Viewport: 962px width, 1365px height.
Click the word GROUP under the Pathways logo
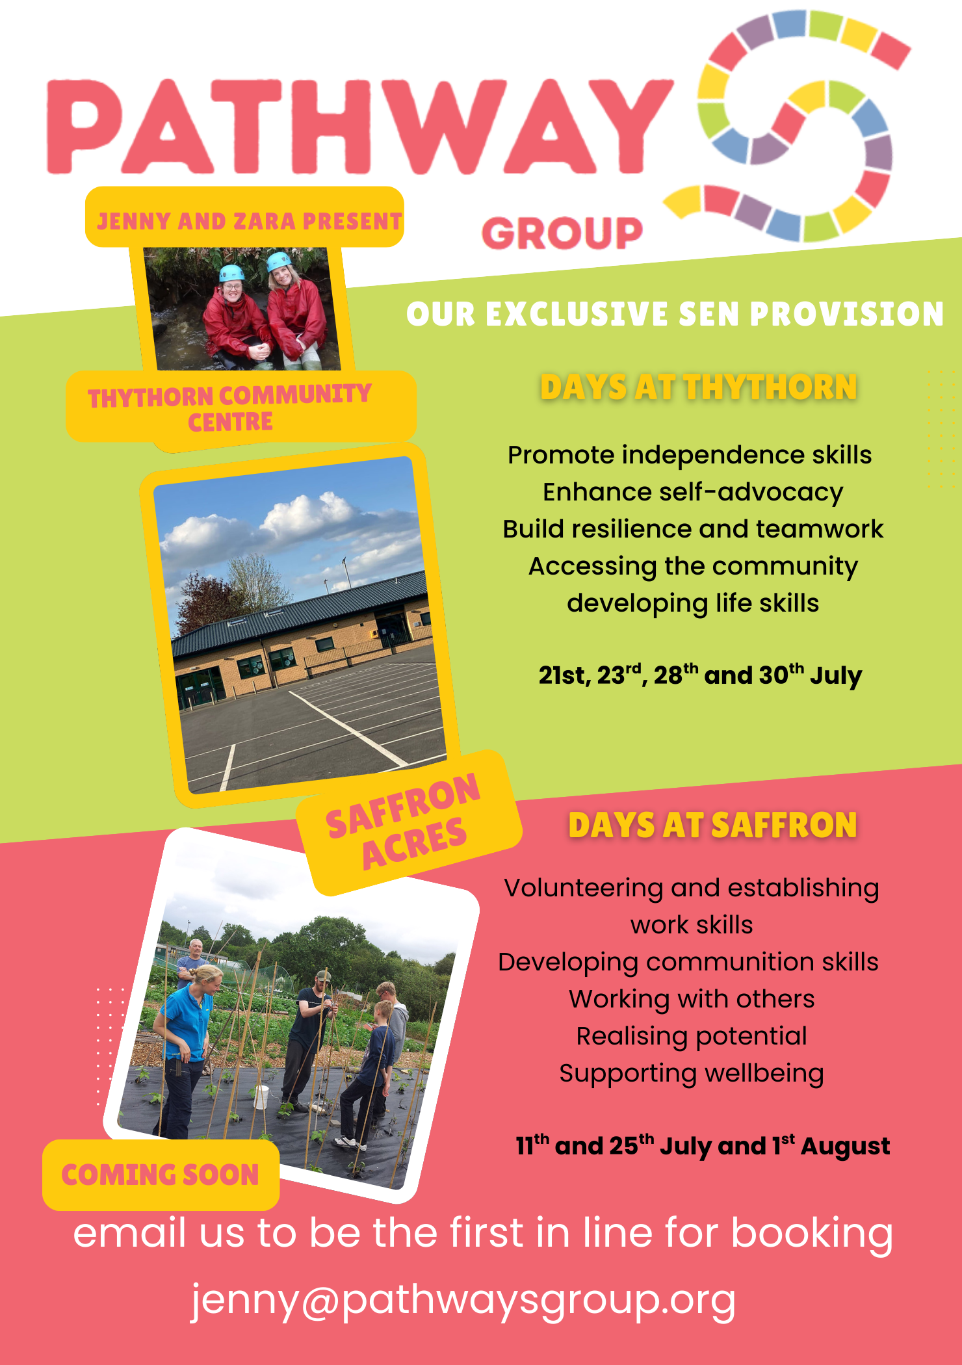(562, 233)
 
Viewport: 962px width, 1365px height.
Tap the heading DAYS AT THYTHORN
(699, 387)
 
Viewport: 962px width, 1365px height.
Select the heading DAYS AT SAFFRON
(712, 825)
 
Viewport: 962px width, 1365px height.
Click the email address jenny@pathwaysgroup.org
(463, 1301)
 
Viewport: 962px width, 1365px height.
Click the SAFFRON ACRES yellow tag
(406, 822)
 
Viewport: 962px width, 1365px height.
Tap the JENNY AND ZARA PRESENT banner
(248, 221)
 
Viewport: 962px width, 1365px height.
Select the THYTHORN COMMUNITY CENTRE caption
(230, 408)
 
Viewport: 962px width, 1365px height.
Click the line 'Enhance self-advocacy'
(693, 492)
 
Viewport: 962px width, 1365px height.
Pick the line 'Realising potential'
(692, 1036)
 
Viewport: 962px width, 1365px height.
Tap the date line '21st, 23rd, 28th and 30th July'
(700, 676)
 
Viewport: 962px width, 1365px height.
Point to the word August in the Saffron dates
(845, 1147)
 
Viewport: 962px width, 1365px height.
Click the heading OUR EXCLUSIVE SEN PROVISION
(675, 314)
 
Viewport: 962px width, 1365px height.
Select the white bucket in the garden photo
(261, 1096)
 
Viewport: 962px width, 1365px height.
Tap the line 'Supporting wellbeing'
(692, 1073)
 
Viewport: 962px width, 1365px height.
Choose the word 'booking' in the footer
(812, 1234)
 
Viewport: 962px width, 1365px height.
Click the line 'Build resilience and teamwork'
(693, 529)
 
